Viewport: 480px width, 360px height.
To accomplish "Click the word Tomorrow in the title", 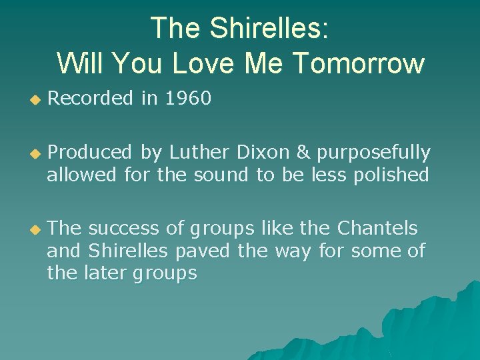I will click(359, 63).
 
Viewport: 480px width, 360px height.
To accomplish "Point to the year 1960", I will click(188, 99).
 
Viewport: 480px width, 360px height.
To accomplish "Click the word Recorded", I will click(90, 99).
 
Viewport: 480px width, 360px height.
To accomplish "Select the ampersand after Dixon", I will click(303, 153).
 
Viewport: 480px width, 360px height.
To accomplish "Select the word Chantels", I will click(377, 229).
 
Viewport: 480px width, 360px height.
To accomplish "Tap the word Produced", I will click(90, 153).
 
